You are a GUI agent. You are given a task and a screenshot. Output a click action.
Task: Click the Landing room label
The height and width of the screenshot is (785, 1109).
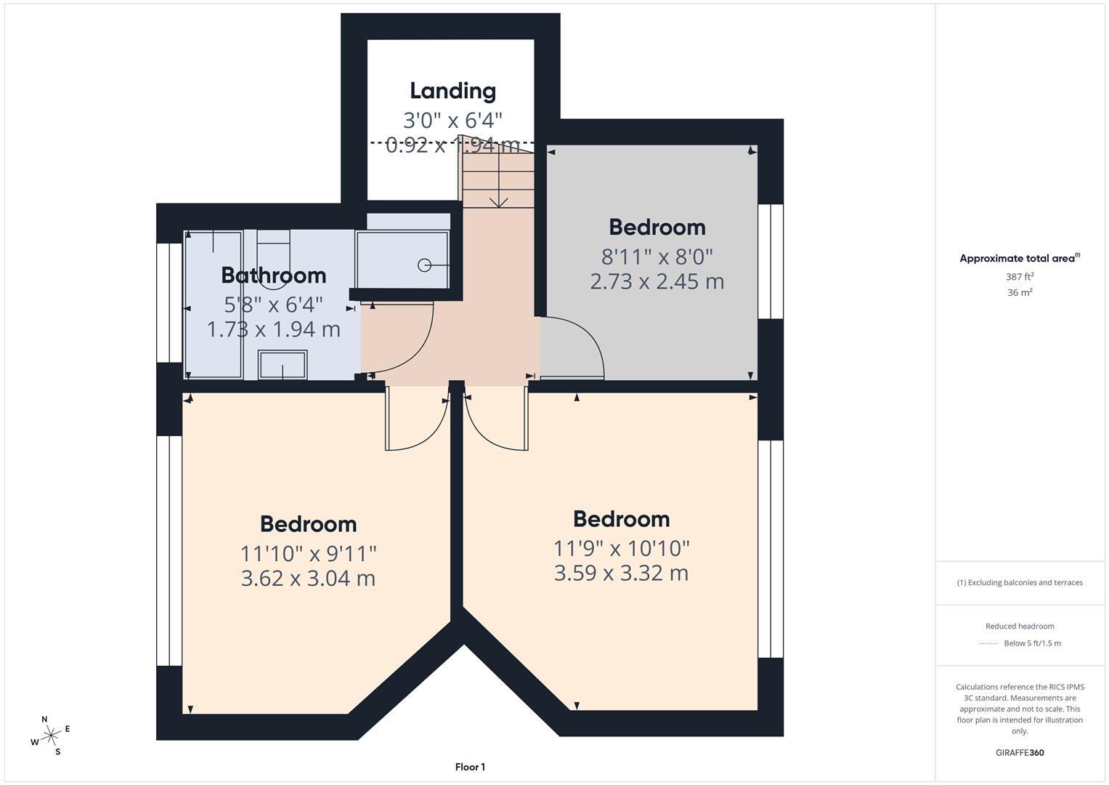452,91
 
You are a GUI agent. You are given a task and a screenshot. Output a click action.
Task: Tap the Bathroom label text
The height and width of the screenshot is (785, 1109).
273,275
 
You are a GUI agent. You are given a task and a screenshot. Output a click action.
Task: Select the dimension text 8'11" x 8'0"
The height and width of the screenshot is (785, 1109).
657,257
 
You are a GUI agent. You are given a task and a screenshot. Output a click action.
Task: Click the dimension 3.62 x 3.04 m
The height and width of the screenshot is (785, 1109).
308,579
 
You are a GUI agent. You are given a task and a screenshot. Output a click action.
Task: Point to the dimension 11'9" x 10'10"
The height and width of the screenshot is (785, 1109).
621,548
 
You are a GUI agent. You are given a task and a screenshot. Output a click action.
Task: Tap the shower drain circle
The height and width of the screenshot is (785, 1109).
424,265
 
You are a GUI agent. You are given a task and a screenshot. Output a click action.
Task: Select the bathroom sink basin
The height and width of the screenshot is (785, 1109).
283,365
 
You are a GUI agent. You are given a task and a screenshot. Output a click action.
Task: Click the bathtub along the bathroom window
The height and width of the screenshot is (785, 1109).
214,305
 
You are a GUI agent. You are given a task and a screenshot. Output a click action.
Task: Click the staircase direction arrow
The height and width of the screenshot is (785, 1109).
499,199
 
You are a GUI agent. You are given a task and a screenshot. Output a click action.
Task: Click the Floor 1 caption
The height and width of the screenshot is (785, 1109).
470,767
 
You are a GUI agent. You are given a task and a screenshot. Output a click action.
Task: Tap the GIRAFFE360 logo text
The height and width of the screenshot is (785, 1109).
1020,752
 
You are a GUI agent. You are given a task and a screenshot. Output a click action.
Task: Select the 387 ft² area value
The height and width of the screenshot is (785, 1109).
1020,277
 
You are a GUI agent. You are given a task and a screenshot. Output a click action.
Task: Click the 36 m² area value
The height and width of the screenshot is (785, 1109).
1020,293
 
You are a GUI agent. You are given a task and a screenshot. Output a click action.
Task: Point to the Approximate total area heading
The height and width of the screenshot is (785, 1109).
1019,258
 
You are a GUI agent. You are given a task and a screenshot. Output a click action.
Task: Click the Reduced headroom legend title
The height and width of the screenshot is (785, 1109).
1020,626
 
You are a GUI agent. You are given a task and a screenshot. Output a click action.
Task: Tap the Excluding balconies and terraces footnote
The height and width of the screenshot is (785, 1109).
1020,582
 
